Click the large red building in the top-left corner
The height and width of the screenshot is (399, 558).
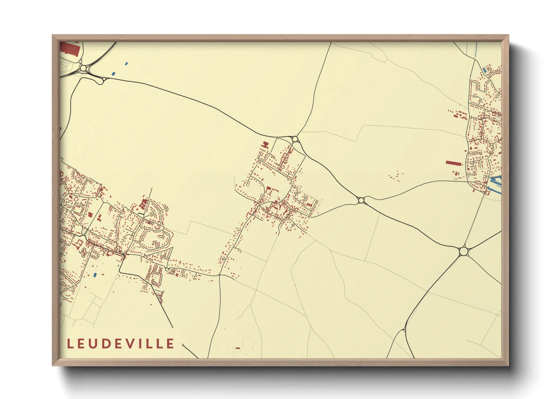coord(70,49)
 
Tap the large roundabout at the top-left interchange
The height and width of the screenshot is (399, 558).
coord(83,69)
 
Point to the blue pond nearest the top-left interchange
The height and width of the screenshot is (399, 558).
coord(113,73)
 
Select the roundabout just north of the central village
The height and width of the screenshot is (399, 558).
coord(295,139)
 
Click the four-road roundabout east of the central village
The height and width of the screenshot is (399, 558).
coord(361,200)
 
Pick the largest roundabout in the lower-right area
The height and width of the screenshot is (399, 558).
coord(463,251)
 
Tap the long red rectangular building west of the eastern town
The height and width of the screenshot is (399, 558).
coord(454,163)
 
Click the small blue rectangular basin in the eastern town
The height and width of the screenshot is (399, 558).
coord(485,70)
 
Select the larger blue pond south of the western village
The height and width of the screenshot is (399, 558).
coord(95,275)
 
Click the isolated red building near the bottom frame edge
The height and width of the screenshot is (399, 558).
coord(238,348)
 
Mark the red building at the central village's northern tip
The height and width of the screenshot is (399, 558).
coord(265,144)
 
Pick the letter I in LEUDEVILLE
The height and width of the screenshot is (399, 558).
coord(145,344)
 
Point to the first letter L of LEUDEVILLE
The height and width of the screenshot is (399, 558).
coord(70,344)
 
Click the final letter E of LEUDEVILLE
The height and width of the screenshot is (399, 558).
coord(171,344)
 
